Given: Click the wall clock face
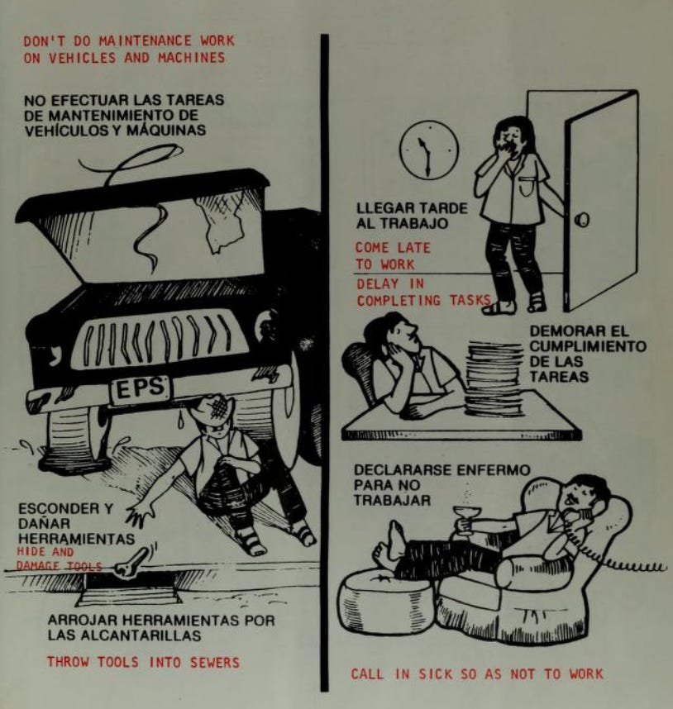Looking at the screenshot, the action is tap(429, 150).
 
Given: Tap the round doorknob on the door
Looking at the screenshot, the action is tap(582, 220).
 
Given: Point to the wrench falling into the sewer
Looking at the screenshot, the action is tap(131, 562).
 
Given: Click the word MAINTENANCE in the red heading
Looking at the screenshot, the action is tap(145, 40).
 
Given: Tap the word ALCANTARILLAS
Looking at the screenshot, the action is tap(147, 635).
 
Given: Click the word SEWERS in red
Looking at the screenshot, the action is tap(214, 663).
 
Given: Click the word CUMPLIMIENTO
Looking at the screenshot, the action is tap(588, 346).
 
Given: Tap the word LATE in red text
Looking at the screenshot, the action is tap(413, 248).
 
